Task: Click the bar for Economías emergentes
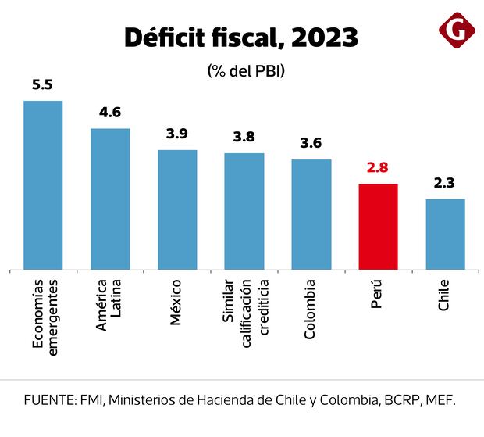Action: point(43,185)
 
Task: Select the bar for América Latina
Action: point(110,199)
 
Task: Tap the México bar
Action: point(177,210)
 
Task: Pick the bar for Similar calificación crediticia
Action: point(244,211)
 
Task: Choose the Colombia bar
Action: point(311,214)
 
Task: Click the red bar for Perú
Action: point(378,227)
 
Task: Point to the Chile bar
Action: point(445,235)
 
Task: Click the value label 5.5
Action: point(42,84)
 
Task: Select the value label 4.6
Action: point(110,113)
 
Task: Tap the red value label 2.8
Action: point(378,168)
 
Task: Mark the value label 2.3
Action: point(445,183)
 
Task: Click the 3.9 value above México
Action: point(177,134)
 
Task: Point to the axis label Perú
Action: point(377,294)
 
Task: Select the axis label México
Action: point(176,301)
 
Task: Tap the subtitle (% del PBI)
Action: point(246,70)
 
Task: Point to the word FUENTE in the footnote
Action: point(48,400)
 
